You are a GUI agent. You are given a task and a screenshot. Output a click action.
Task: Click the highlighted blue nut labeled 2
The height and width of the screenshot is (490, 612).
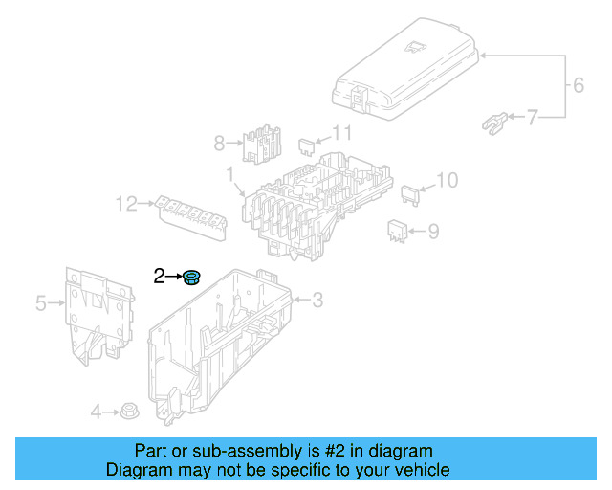[x=191, y=278]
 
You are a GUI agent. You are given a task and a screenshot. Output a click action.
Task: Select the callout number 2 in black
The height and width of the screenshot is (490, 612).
[x=160, y=277]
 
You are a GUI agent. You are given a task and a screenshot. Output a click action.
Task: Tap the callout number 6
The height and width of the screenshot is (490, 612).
[x=579, y=86]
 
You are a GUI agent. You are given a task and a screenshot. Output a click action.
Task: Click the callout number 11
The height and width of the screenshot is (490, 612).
[x=341, y=133]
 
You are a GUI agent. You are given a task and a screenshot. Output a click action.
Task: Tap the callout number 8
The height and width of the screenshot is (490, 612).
[x=220, y=144]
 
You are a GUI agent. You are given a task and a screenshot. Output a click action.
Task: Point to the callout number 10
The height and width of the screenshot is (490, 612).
[x=447, y=179]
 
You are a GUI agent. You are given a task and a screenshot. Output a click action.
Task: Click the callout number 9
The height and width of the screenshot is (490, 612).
[x=433, y=231]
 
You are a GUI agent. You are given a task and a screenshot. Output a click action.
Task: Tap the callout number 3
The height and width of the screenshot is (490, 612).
[x=317, y=301]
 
